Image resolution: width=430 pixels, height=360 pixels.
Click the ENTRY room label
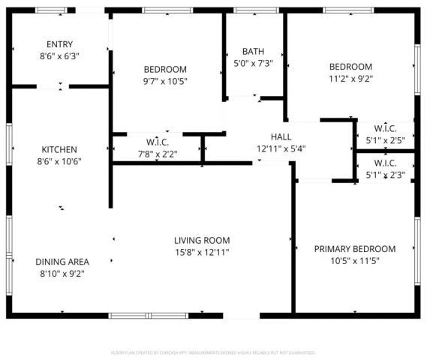coord(59,44)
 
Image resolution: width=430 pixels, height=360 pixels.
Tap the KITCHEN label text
coord(59,150)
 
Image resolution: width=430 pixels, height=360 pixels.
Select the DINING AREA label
coord(62,262)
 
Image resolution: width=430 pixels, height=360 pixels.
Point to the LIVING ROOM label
coord(199,241)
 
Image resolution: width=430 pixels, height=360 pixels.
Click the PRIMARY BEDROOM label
coord(354,249)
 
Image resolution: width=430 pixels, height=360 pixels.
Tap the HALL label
coord(281,136)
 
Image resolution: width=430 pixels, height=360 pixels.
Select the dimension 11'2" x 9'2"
coord(350,77)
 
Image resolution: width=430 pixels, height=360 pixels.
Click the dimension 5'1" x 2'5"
coord(385,139)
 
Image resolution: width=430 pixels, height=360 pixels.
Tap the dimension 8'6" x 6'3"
coord(59,55)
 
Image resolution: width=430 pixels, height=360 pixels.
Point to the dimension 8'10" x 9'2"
coord(62,273)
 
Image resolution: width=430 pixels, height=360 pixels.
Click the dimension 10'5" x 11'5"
coord(354,260)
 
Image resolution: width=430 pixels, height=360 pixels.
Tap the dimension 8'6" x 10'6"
coord(59,161)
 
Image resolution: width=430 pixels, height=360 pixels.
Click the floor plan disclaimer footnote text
coord(213,352)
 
